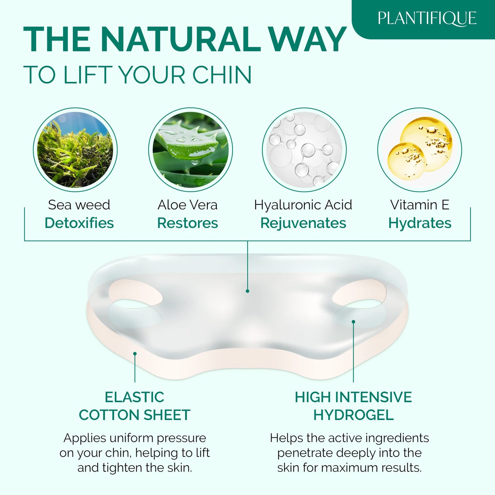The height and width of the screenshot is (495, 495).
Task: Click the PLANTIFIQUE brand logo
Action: [x=427, y=18]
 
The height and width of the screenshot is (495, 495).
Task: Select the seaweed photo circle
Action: [x=75, y=150]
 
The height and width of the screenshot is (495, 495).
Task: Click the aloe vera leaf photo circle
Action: [x=190, y=150]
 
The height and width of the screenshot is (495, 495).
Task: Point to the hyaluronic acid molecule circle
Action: [x=304, y=150]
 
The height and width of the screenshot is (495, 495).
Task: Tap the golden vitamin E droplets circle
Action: [x=420, y=150]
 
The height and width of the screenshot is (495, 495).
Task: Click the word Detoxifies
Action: [x=79, y=223]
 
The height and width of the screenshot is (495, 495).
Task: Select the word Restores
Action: [x=187, y=223]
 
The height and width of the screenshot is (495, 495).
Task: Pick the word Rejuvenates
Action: [x=303, y=223]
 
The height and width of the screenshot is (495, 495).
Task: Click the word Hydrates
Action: [x=420, y=223]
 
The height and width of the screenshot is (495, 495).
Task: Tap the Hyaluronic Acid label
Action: [x=303, y=205]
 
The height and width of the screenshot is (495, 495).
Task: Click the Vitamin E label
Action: [x=420, y=205]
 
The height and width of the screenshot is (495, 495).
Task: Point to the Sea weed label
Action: [x=79, y=205]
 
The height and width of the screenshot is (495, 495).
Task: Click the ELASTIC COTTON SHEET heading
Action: [x=135, y=406]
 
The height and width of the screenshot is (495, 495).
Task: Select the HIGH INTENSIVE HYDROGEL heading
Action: [x=353, y=406]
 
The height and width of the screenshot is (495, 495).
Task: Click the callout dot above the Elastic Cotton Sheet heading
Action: [x=135, y=354]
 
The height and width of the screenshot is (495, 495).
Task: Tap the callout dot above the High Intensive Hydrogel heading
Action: [x=353, y=322]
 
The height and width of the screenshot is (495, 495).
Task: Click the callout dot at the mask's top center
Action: [x=247, y=291]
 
